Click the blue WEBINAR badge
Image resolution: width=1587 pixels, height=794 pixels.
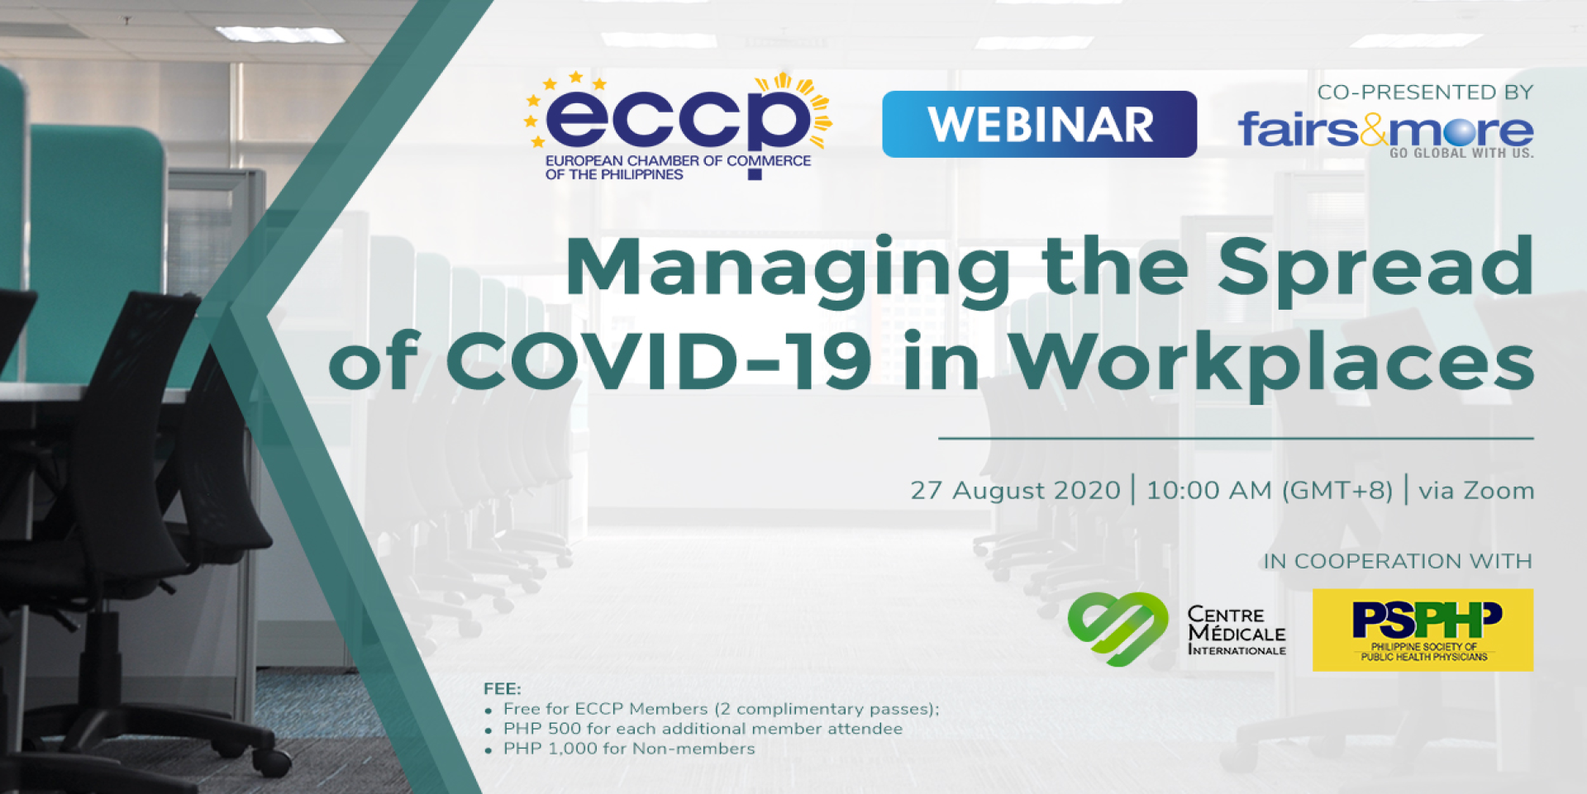1039,124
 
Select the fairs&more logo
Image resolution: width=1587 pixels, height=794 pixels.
1385,130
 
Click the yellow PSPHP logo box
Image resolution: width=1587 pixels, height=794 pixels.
1423,630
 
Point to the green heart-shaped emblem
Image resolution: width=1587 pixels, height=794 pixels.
1118,628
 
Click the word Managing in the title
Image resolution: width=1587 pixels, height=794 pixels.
788,269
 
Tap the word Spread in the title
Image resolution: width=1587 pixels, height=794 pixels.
1375,269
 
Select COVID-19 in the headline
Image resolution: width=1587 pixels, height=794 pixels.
659,360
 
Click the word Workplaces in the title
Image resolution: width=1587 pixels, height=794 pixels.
1272,364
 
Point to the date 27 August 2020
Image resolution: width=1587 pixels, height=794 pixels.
1015,490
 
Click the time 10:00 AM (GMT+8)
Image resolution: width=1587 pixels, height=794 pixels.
1270,490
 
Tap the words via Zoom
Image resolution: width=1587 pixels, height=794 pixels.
1476,490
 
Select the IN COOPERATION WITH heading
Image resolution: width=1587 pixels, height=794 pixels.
1398,561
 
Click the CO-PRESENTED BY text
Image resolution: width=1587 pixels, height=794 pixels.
1425,92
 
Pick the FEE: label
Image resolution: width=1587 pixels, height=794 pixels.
503,688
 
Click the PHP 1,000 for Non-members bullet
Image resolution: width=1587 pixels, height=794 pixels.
629,749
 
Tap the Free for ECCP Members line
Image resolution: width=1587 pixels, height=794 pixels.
721,709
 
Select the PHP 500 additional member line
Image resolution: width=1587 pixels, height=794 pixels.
703,729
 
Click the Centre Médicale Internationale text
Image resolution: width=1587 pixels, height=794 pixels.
1237,630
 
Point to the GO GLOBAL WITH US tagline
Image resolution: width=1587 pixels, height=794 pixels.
1461,153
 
